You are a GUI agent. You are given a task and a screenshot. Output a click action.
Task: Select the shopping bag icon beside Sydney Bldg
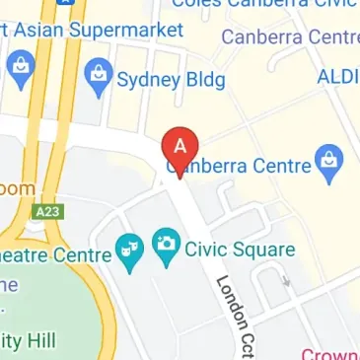point(98,75)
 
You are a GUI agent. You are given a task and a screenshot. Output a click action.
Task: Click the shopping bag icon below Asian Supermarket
point(17,68)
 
